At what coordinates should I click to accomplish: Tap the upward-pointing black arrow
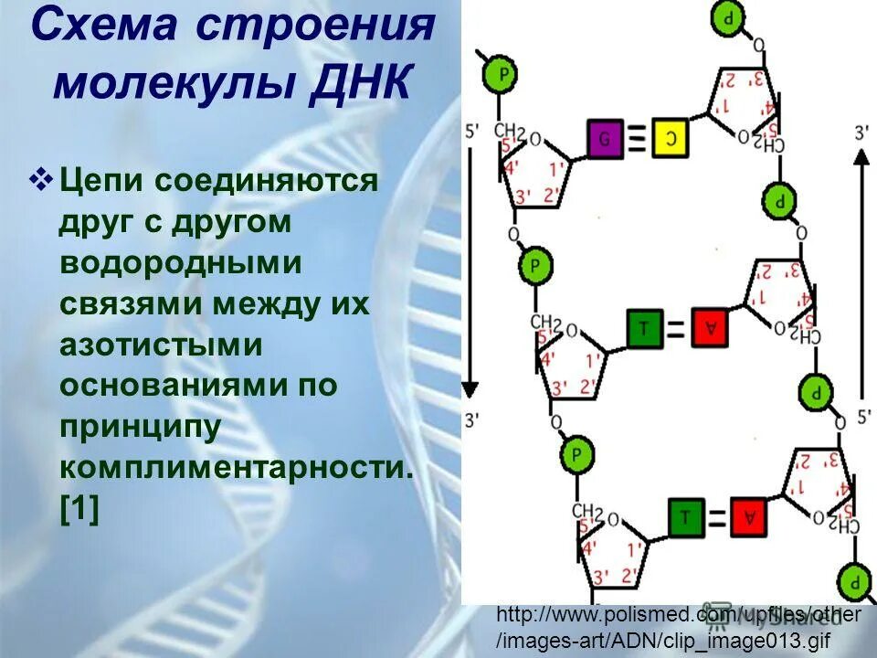861,274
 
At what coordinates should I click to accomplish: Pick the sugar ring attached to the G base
534,174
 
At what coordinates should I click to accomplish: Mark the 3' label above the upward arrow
861,133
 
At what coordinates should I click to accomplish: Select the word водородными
181,262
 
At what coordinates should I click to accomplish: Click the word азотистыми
161,345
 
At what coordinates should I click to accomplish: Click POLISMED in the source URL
630,615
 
